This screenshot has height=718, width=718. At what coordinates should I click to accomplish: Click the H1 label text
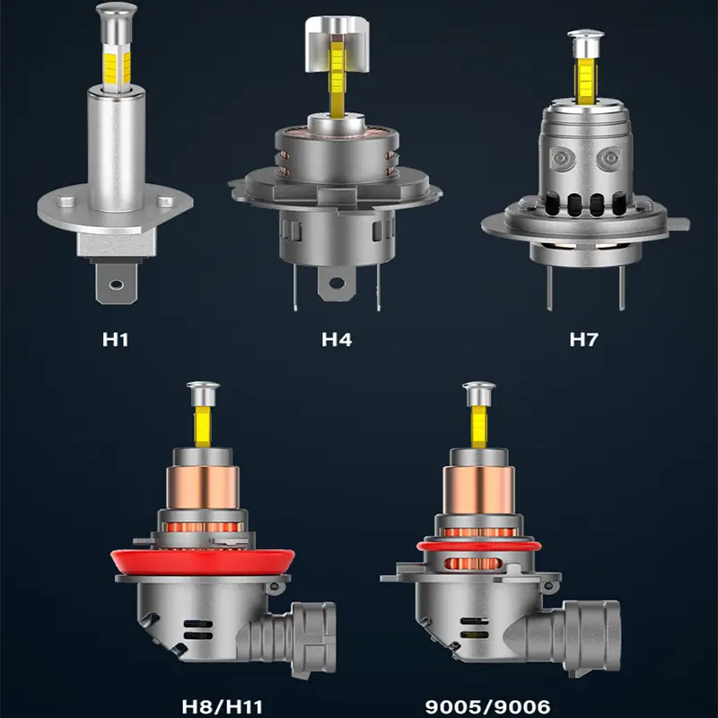(116, 339)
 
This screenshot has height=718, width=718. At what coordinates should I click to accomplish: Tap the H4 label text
(337, 339)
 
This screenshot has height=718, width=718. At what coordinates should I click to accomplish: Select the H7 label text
(584, 339)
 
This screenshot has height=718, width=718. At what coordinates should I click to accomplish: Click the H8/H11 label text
(222, 706)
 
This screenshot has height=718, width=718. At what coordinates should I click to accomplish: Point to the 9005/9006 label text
(487, 706)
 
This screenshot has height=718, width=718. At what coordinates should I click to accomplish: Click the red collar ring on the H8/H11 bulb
(203, 562)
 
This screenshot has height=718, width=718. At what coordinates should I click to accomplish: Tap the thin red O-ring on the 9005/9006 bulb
(479, 546)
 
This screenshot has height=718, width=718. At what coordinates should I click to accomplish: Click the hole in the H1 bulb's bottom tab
(117, 285)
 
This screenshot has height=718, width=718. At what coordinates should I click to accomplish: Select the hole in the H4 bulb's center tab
(337, 283)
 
